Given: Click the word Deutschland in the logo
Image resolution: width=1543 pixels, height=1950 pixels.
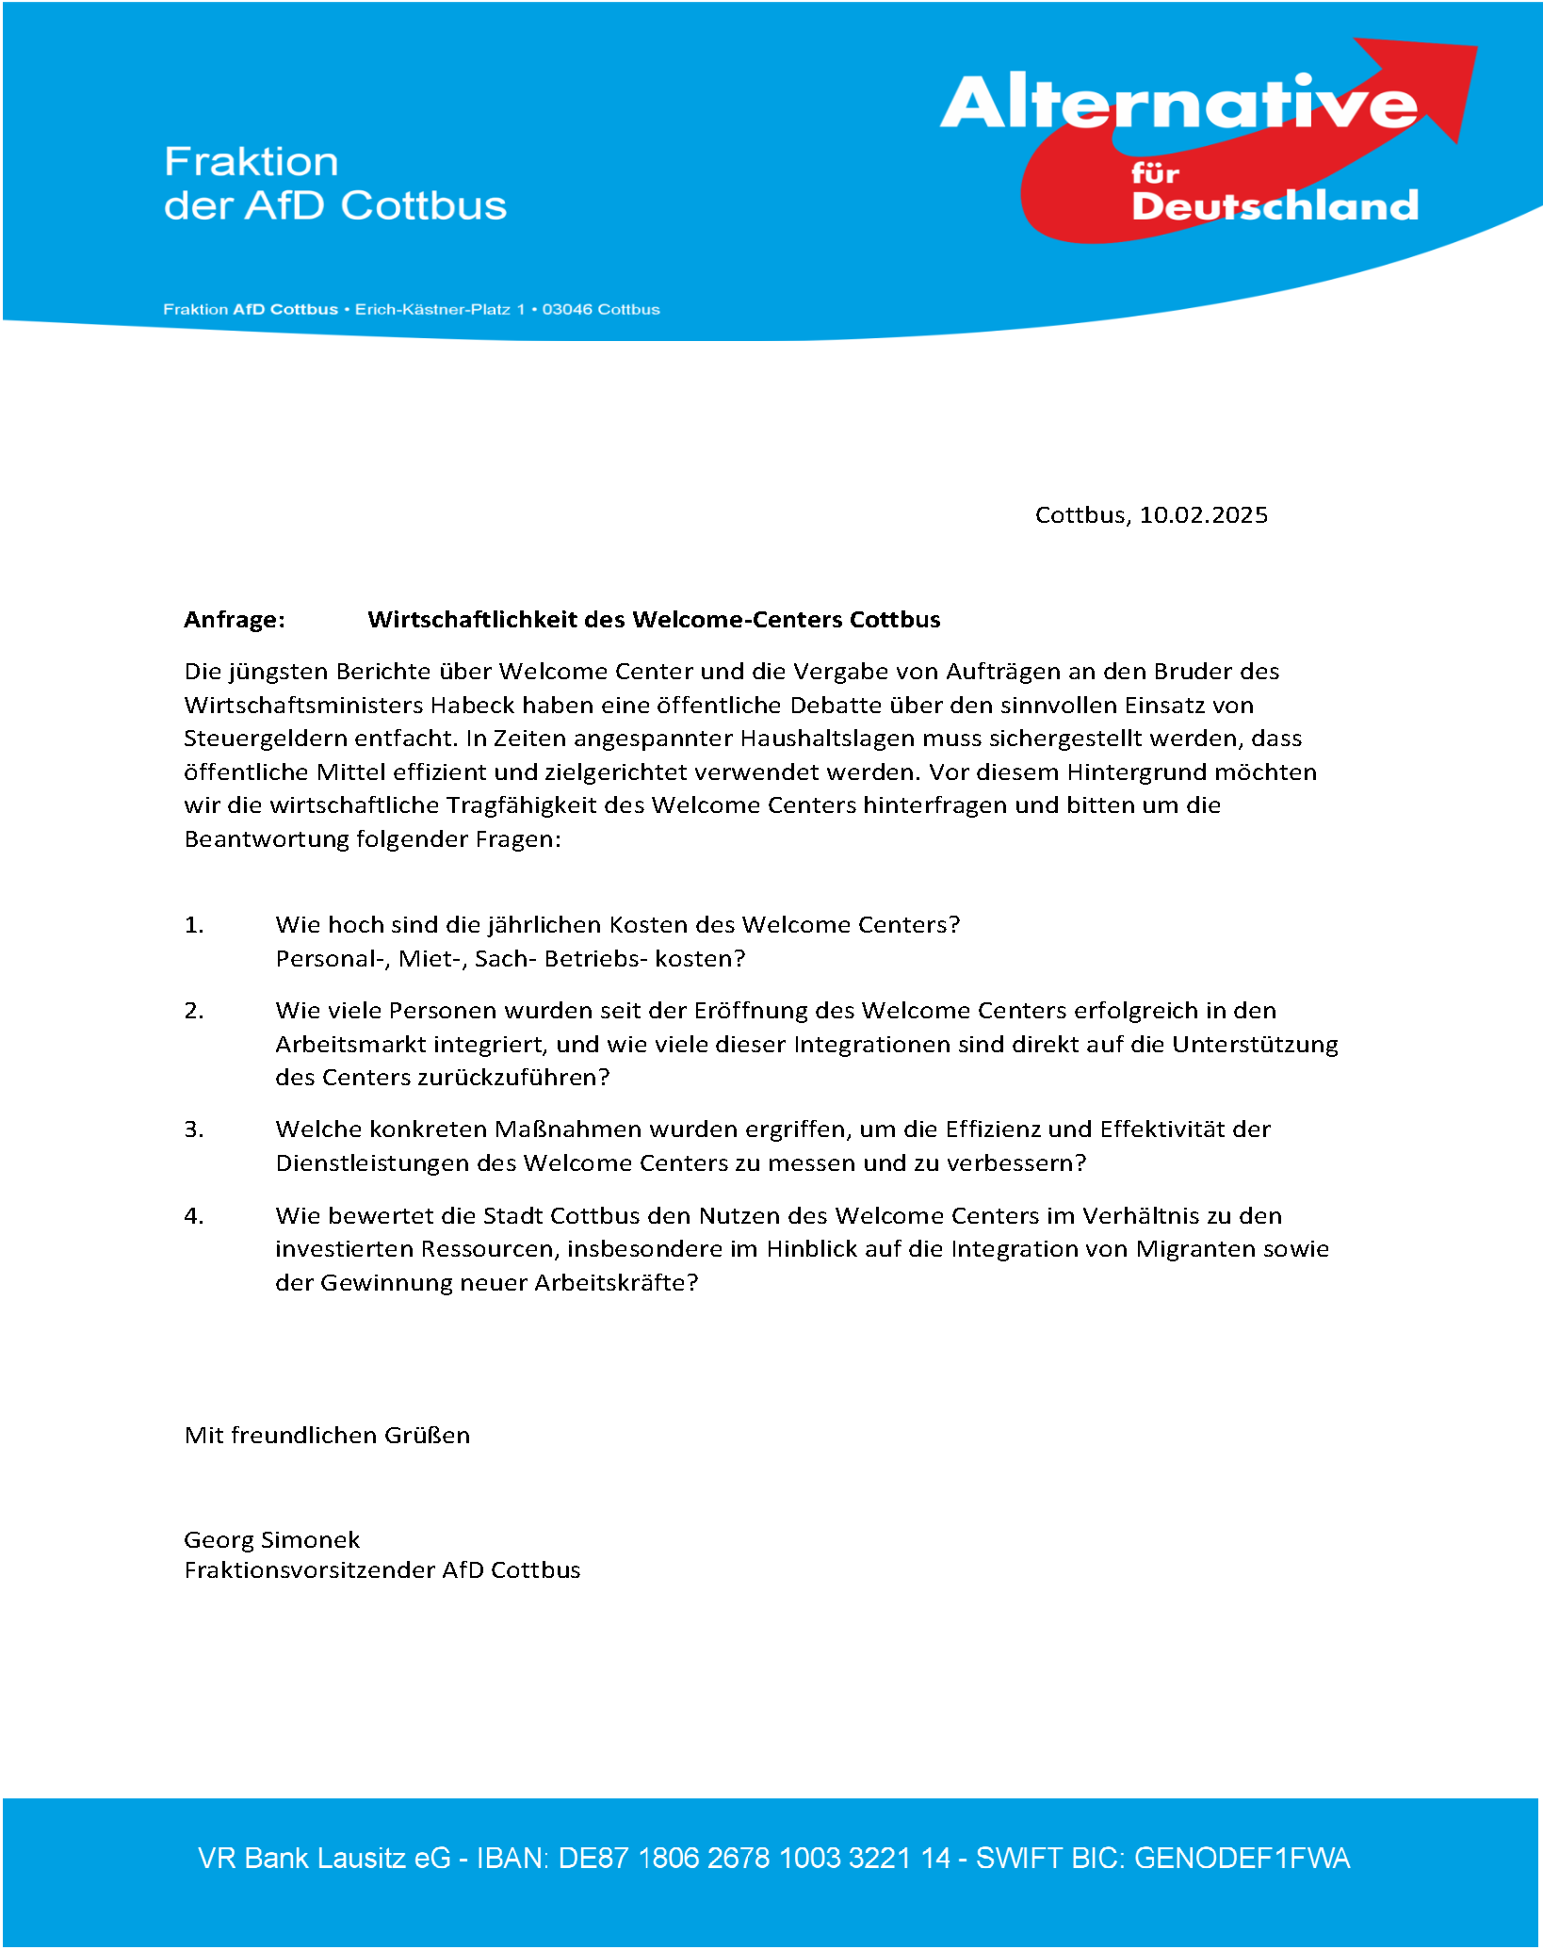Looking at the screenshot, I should [1275, 206].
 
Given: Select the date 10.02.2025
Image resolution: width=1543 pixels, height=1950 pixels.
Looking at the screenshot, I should [1203, 515].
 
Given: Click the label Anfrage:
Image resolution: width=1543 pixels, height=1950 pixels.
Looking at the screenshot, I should [235, 620].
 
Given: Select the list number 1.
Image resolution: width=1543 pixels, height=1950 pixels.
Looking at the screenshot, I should [194, 925].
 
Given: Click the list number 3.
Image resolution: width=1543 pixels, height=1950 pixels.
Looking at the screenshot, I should [194, 1129].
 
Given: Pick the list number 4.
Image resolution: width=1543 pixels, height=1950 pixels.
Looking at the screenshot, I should [194, 1216].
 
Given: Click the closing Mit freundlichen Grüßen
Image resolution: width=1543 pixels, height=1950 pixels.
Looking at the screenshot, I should [327, 1436].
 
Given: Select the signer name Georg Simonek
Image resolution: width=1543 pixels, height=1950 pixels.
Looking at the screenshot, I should [271, 1540].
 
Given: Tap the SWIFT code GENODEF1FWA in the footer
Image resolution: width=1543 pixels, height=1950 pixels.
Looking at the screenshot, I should [1242, 1859].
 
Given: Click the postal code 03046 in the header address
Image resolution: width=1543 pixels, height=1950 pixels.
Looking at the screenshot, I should [566, 310].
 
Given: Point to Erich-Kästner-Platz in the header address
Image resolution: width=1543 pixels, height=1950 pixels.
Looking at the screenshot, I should [432, 310].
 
